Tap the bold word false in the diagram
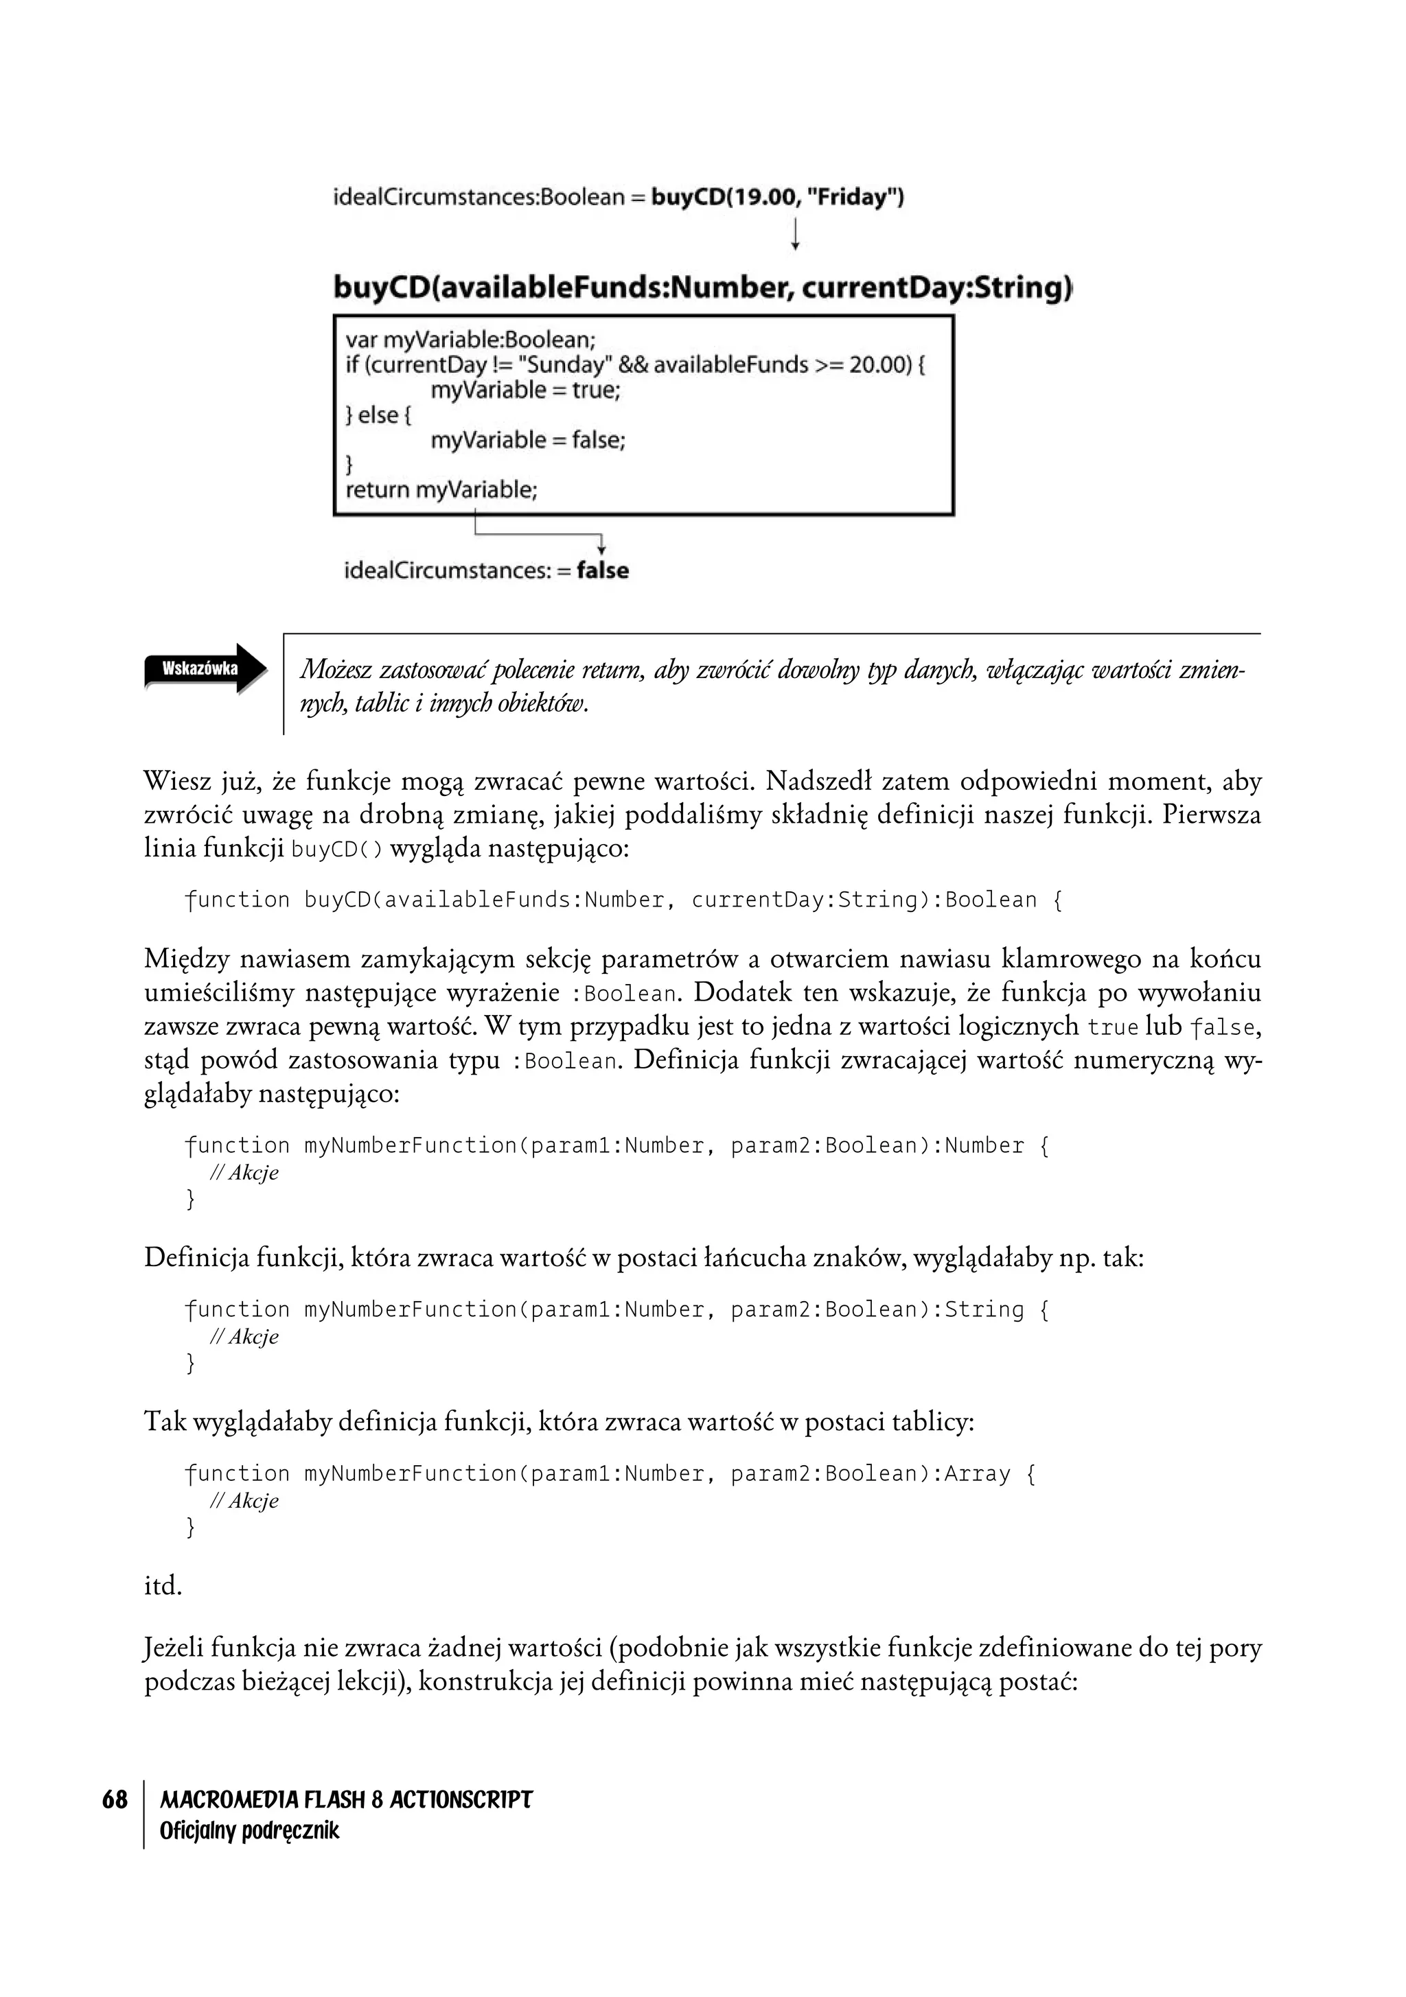pyautogui.click(x=602, y=570)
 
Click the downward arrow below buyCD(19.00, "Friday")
pyautogui.click(x=794, y=234)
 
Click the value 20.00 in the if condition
pyautogui.click(x=879, y=364)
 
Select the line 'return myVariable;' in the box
pyautogui.click(x=441, y=490)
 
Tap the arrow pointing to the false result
pyautogui.click(x=600, y=544)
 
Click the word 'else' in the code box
pyautogui.click(x=378, y=415)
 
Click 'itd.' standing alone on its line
pyautogui.click(x=163, y=1587)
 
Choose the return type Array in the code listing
pyautogui.click(x=977, y=1473)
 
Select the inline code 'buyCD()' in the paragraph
pyautogui.click(x=336, y=849)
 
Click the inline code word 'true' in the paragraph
pyautogui.click(x=1113, y=1027)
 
